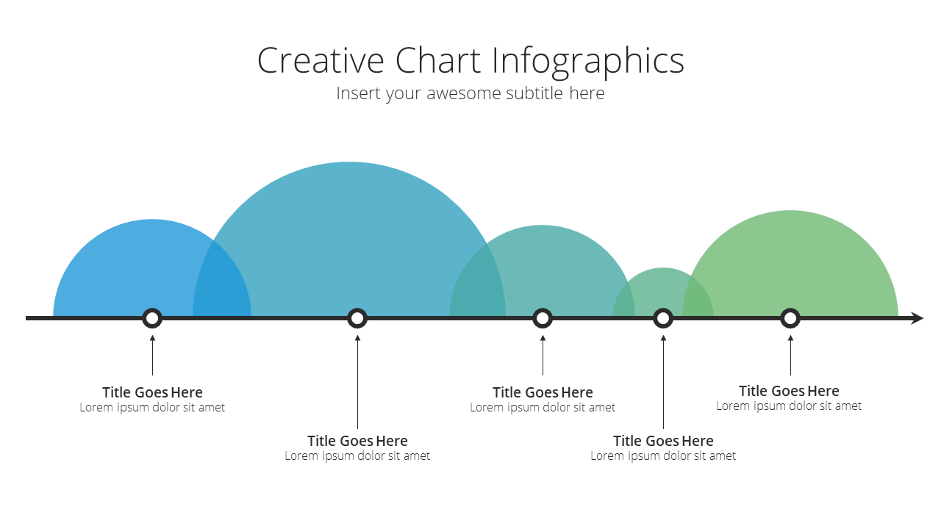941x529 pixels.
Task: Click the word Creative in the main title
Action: (321, 60)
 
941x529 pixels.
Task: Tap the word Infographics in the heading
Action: (587, 62)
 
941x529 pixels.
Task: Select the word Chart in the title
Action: (437, 60)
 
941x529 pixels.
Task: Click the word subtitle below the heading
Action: (534, 93)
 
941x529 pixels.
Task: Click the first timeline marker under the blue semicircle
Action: (152, 318)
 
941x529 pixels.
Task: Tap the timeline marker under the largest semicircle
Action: (357, 318)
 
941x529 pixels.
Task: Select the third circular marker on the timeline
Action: (543, 318)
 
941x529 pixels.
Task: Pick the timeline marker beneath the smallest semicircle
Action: (663, 318)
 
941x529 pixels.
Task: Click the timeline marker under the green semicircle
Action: (790, 318)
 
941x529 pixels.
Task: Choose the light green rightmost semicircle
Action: (798, 260)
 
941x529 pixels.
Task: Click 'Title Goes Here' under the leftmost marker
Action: (152, 392)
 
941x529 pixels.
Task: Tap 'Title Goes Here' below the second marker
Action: (357, 441)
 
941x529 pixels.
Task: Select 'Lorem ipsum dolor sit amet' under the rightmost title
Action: (789, 406)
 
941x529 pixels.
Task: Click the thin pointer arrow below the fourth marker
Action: (663, 382)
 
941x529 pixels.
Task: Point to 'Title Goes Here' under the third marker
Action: (543, 392)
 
